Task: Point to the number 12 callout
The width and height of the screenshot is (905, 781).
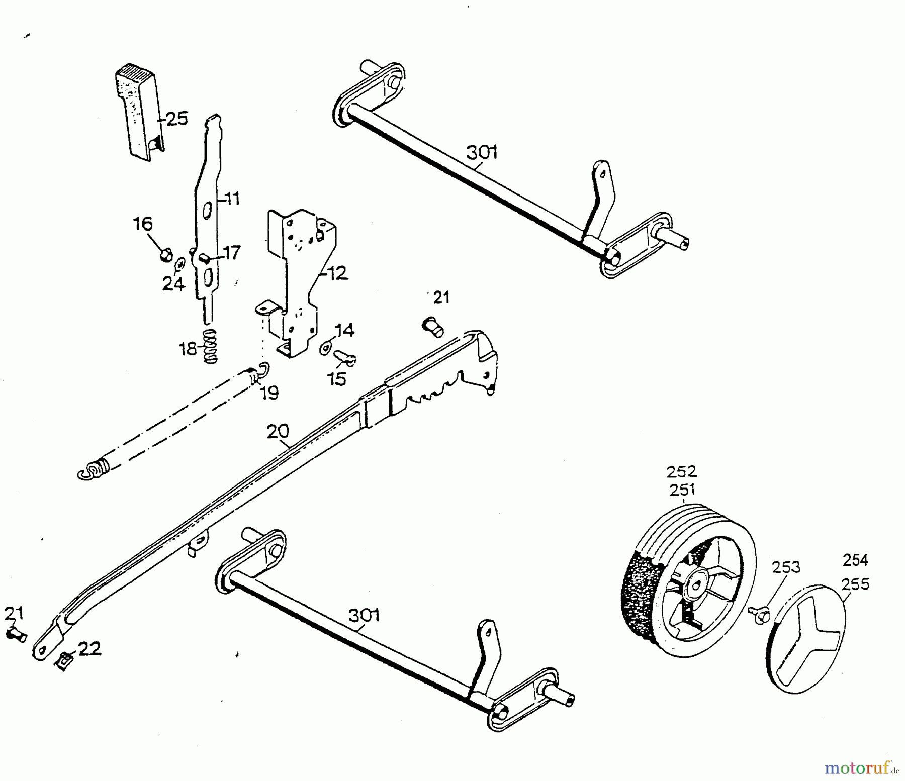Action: coord(337,274)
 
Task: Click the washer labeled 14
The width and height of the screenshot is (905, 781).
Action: coord(326,347)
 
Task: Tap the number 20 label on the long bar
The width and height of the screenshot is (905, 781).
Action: coord(278,432)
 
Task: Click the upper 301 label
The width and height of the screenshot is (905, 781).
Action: coord(482,152)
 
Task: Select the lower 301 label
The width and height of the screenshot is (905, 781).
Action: coord(364,616)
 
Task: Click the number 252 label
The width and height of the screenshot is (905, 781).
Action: coord(682,472)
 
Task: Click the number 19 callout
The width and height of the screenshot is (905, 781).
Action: coord(270,393)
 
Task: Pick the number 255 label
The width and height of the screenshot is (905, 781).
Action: coord(855,584)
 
